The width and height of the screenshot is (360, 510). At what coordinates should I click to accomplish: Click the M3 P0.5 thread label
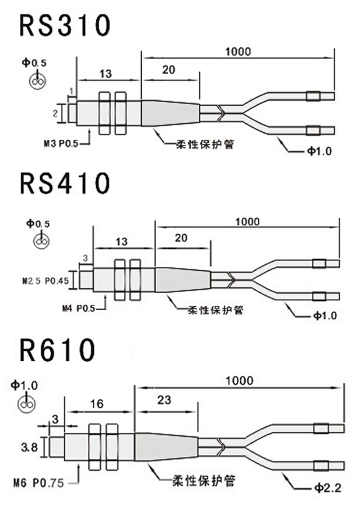coord(61,144)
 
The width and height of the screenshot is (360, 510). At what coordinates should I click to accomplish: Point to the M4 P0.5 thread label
coord(77,309)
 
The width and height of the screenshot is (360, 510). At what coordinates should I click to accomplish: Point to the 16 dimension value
coord(97,403)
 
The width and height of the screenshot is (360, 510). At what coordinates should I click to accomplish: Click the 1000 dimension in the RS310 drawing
coord(238,51)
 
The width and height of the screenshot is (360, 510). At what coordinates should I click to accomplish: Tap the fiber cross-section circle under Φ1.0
coord(26,404)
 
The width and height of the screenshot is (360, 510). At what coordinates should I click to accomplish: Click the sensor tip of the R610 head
coord(56,447)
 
